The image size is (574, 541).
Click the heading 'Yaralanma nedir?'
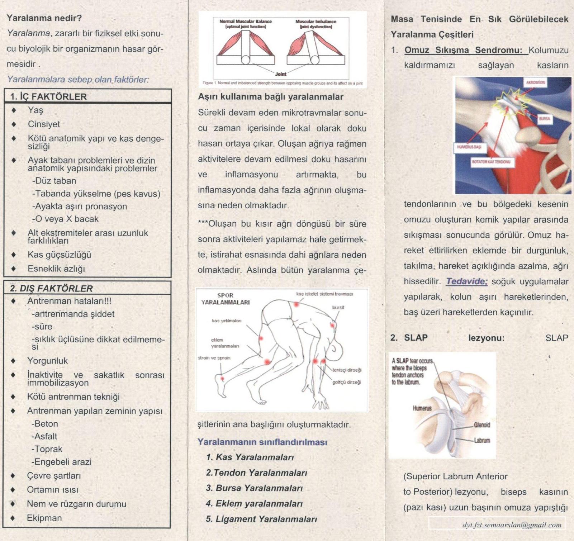coord(44,18)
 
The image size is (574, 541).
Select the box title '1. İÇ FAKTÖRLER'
coord(48,97)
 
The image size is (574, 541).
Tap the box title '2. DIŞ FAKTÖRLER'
coord(51,288)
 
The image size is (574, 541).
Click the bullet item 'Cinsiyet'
coord(44,124)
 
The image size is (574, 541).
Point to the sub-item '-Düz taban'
coord(54,181)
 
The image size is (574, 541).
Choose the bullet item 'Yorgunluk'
coord(47,361)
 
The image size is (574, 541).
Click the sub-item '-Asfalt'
coord(44,436)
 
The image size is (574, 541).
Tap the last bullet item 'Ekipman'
coord(44,518)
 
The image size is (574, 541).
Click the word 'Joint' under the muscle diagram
coord(281,74)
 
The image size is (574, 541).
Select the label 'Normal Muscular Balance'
coord(246,22)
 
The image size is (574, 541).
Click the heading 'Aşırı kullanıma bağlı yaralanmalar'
coord(271,97)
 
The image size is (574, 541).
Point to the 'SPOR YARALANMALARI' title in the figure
coord(226,299)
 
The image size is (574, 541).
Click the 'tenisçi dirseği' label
coord(346,370)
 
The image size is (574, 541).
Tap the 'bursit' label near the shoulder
coord(338,308)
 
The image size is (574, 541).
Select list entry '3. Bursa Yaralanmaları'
coord(254,488)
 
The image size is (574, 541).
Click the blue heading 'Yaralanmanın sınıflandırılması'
coord(262,442)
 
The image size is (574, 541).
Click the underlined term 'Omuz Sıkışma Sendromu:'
coord(463,50)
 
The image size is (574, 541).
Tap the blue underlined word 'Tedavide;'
coord(467,281)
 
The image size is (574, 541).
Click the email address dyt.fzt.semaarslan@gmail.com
coord(512,525)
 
